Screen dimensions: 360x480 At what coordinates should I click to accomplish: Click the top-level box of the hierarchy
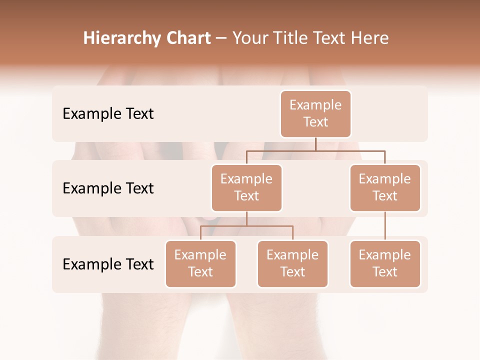(x=315, y=113)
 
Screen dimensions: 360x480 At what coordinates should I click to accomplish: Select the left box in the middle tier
(x=246, y=187)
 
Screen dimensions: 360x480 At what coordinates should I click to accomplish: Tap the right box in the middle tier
(x=385, y=187)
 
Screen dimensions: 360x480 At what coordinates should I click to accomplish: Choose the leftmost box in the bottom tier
(x=200, y=263)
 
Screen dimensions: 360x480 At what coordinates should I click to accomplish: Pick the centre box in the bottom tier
(x=292, y=263)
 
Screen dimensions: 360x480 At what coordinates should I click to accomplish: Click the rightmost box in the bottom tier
(x=385, y=263)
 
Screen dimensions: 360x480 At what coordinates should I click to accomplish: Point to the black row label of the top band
(x=108, y=114)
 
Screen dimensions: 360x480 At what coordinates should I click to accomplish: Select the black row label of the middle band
(x=108, y=188)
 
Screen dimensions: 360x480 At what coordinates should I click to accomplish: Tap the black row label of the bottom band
(x=108, y=264)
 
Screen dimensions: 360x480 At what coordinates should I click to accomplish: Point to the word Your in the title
(x=249, y=38)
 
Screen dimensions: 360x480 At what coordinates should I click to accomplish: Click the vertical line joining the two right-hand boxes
(x=385, y=225)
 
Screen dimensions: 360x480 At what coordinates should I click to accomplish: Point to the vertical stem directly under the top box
(x=315, y=144)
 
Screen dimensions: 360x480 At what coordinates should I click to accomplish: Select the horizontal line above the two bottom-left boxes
(x=246, y=226)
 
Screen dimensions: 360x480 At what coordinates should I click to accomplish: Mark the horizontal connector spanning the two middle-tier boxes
(x=315, y=150)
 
